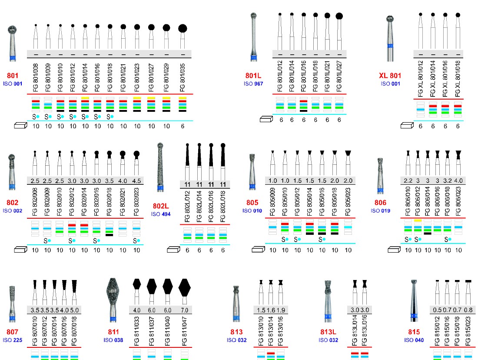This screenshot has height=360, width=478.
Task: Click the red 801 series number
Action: tap(13, 75)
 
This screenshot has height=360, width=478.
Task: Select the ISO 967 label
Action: tap(253, 83)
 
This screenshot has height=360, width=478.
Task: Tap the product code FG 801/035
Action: tap(183, 77)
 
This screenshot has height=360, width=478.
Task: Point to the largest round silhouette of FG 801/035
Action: tap(183, 29)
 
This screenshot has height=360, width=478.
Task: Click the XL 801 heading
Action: tap(390, 75)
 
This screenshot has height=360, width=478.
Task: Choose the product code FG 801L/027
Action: tap(339, 76)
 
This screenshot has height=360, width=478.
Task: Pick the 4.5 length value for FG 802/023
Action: tap(136, 181)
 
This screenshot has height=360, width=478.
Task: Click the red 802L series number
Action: tap(161, 206)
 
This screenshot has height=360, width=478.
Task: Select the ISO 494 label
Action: tap(161, 214)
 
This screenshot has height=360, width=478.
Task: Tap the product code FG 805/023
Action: tap(348, 202)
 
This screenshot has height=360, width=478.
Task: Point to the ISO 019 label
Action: tap(381, 210)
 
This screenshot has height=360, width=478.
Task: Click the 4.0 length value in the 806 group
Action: tap(458, 180)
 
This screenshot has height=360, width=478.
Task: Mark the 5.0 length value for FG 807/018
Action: tap(74, 310)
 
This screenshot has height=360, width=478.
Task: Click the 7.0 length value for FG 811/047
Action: tap(184, 310)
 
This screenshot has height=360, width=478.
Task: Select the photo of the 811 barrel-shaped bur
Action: tap(113, 300)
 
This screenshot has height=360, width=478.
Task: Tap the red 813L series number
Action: tap(328, 332)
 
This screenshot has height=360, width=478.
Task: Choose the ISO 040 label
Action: tap(414, 340)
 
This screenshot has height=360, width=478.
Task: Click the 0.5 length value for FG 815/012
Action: tap(438, 310)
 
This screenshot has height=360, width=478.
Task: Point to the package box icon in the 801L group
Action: tap(266, 119)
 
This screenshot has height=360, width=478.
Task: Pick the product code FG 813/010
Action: tap(261, 331)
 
